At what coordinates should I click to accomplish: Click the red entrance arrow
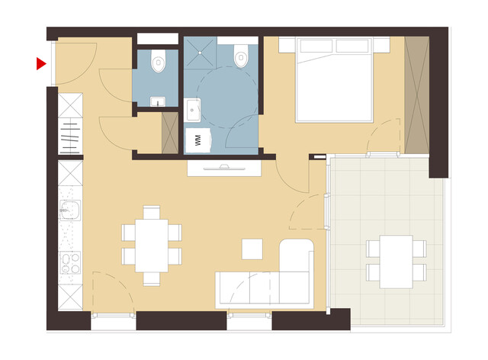40,64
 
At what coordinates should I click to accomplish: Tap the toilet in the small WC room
159,59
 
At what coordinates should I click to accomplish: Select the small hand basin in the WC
158,100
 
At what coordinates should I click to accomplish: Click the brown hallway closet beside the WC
169,131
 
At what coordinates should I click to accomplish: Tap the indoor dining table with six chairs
152,246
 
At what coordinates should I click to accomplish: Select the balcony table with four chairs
396,262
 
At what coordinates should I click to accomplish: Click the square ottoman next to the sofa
252,249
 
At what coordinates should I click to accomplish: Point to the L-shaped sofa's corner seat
297,259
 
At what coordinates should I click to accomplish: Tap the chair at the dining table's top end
152,213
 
